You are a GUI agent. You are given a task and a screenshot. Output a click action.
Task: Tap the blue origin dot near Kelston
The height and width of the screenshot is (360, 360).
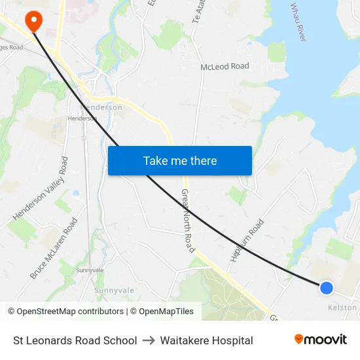click(326, 287)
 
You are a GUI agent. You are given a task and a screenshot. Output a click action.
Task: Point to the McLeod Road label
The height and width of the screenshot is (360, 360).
click(225, 66)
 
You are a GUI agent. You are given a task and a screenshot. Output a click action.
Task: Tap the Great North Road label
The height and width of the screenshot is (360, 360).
click(188, 221)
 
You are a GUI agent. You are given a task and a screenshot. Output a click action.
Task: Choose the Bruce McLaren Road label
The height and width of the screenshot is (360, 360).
click(49, 249)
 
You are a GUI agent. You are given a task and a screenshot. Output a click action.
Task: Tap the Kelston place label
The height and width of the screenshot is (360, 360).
click(342, 307)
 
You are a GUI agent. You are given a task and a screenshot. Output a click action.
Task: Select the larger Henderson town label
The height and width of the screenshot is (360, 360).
click(101, 107)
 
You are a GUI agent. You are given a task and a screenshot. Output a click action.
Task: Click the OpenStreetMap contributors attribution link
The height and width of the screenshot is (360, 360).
click(66, 312)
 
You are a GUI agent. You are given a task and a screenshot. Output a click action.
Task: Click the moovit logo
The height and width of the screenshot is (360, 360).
click(320, 340)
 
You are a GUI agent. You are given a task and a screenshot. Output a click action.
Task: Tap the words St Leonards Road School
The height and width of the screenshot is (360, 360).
click(75, 340)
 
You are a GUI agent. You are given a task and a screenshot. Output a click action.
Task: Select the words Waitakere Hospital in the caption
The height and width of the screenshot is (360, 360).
click(206, 340)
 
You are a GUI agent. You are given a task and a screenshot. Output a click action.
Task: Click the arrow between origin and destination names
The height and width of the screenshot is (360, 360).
click(149, 340)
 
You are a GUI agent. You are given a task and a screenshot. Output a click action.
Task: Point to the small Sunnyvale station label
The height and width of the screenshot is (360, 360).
click(90, 270)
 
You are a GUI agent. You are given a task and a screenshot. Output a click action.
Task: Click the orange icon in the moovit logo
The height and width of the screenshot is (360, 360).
click(299, 339)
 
